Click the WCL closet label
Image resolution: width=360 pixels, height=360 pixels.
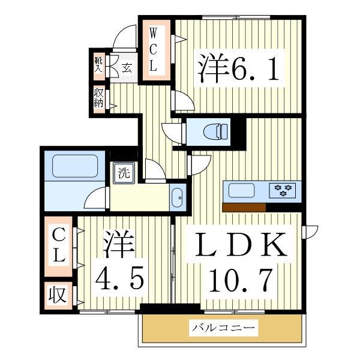click(154, 49)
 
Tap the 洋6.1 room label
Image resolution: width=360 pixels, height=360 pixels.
click(239, 70)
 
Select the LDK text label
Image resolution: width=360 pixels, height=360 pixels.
click(240, 245)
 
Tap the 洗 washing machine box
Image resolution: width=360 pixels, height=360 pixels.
click(123, 174)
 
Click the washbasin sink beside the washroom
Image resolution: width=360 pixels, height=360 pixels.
click(178, 197)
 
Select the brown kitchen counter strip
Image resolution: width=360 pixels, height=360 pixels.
click(244, 208)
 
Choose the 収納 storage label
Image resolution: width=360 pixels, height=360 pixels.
click(98, 98)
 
